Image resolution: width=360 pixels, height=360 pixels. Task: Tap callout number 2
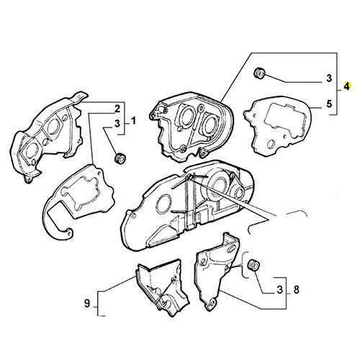click(x=116, y=108)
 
